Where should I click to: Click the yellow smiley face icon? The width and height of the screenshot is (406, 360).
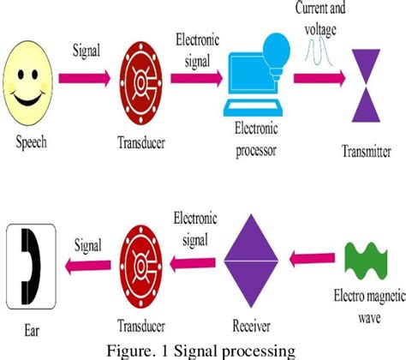coord(32,83)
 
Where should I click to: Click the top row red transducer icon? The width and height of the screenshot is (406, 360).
coord(137,81)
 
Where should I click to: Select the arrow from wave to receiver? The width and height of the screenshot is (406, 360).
coord(309,257)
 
